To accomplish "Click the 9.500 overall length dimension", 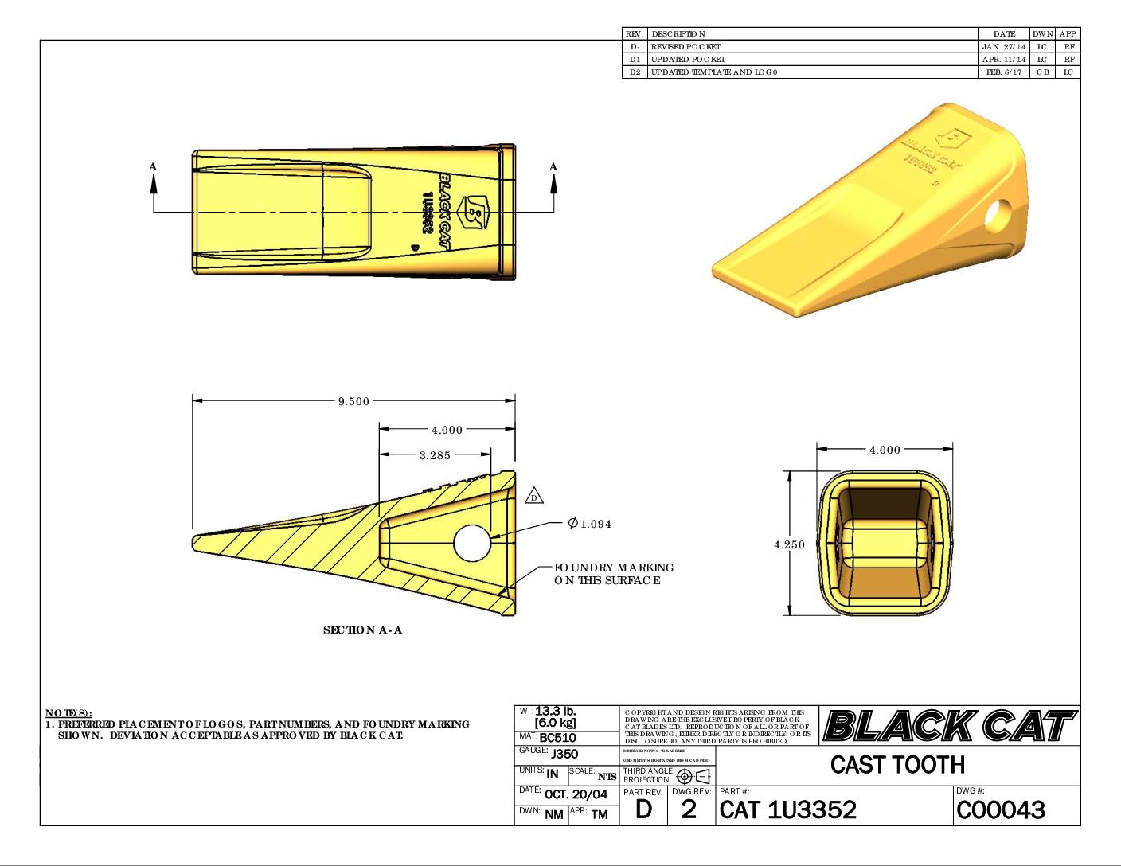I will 353,401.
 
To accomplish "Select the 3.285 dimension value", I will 435,455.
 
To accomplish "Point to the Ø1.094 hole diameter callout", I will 590,523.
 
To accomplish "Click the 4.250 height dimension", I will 789,544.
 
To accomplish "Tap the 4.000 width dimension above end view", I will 885,450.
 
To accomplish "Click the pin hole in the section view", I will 473,542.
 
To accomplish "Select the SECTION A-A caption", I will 362,630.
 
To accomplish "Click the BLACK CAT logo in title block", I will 949,725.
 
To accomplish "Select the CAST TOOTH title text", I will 897,765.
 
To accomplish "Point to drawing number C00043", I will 1001,809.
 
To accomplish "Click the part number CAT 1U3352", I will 787,809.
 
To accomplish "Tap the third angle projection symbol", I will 693,776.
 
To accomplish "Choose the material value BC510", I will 557,738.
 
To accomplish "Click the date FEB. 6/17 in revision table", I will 1004,72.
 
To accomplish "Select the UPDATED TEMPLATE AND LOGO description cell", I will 714,72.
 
